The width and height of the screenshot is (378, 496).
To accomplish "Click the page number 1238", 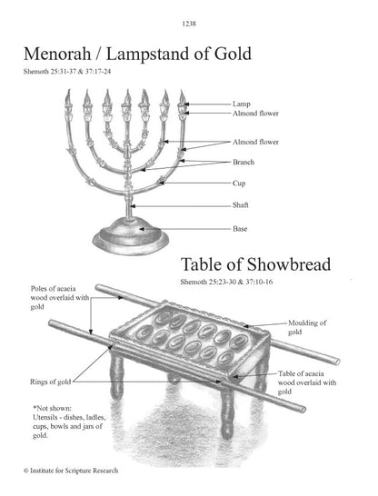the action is pos(189,24).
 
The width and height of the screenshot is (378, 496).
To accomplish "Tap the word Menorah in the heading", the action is pos(57,54).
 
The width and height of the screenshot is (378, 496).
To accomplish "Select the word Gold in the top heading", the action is pos(233,54).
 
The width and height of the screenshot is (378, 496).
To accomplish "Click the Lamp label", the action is pos(242,104).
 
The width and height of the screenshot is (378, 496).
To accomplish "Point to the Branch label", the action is pos(244,162).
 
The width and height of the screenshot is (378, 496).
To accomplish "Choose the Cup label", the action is pos(239,184).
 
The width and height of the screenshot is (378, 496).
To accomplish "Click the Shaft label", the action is pos(241,205).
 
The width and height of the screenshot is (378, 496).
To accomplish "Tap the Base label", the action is pos(240,229).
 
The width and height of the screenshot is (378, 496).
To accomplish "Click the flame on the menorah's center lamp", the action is pos(127,97).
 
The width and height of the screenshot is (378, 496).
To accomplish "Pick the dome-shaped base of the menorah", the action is pos(130,234).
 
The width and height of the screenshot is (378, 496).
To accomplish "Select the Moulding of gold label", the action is pos(307,327).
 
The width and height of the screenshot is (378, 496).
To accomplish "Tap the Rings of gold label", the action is pos(51,382).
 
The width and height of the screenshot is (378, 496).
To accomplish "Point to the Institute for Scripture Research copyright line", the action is pos(71,471).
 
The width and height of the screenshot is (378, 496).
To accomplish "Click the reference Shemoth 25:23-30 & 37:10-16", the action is pos(226,282).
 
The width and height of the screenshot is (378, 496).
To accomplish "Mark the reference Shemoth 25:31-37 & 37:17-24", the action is pos(67,71).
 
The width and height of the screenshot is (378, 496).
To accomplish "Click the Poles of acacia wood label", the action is pos(59,298).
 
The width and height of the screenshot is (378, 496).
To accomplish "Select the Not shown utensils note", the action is pos(69,422).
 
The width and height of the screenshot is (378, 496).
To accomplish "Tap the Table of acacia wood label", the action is pos(307,382).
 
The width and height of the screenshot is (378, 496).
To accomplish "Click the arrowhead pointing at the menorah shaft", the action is pos(134,206).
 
